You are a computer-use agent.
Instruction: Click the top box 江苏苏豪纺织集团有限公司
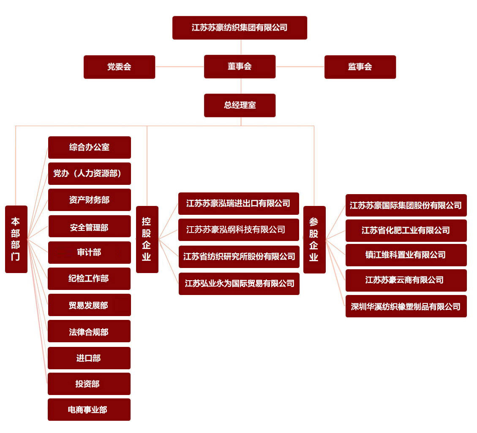point(240,28)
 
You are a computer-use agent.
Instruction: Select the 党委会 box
point(119,67)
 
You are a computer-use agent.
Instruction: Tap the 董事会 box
point(240,67)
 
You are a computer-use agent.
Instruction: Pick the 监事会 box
point(360,67)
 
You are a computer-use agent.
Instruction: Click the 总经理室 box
point(240,106)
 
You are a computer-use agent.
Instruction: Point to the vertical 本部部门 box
point(16,239)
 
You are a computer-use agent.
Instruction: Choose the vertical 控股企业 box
point(147,239)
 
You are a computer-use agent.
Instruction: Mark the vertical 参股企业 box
point(315,240)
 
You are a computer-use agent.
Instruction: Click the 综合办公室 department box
point(90,147)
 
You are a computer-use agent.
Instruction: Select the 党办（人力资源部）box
point(90,173)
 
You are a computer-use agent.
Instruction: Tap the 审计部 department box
point(90,252)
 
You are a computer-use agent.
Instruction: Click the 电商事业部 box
point(89,410)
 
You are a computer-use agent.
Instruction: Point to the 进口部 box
point(89,358)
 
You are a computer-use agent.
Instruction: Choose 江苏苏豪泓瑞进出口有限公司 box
point(239,203)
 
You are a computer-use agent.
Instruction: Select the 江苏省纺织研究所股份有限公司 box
point(239,257)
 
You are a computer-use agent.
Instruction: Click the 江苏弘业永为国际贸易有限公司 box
point(239,284)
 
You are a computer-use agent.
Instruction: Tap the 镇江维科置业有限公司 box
point(406,255)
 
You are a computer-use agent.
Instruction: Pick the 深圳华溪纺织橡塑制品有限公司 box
point(406,306)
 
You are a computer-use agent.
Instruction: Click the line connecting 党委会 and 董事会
point(180,67)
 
